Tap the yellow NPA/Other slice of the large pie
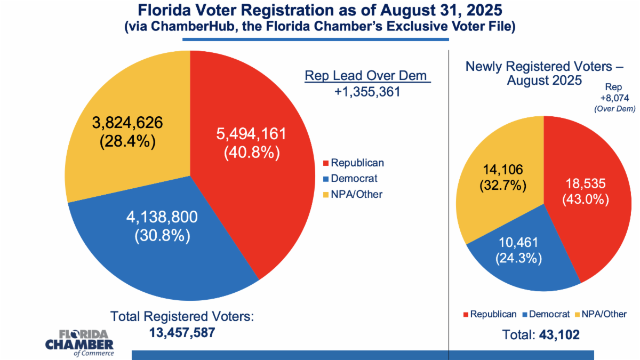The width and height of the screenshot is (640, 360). tap(107, 96)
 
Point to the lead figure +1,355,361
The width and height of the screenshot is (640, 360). tap(367, 92)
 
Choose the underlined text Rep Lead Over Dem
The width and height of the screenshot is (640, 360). tap(367, 76)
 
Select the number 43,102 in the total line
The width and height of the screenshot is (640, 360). tap(559, 335)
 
